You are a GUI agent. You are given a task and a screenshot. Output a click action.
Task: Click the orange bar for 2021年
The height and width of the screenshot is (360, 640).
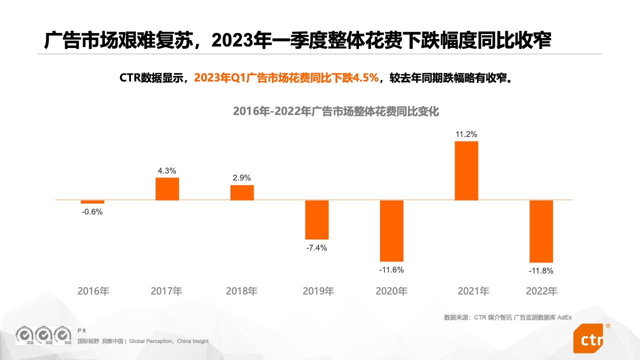click(466, 170)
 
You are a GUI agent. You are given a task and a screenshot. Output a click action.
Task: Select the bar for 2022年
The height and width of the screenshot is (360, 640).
click(541, 231)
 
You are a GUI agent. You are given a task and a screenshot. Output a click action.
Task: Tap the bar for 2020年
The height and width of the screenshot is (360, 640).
click(391, 230)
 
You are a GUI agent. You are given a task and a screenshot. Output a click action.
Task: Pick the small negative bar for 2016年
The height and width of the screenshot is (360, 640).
click(92, 202)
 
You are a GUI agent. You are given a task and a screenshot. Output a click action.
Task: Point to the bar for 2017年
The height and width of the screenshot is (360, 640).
click(167, 189)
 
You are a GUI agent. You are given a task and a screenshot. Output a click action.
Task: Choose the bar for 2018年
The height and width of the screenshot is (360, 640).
click(242, 192)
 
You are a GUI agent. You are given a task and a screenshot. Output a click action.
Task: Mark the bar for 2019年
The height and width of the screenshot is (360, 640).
click(317, 219)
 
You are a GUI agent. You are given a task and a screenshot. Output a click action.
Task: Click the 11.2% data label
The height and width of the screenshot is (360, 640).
click(466, 134)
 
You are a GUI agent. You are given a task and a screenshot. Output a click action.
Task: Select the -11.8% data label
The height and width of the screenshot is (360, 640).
click(541, 271)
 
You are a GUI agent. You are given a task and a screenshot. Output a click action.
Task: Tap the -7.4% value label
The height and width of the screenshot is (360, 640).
click(316, 248)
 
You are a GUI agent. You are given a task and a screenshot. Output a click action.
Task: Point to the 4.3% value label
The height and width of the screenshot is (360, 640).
click(167, 171)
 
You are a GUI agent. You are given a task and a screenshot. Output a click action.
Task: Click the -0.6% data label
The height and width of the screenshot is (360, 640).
click(92, 212)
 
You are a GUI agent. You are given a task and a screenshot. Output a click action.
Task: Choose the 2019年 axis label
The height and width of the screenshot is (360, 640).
click(318, 291)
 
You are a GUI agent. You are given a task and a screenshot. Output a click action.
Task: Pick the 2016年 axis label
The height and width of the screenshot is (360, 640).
click(93, 291)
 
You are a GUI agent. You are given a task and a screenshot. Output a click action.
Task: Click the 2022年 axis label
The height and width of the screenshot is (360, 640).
click(541, 291)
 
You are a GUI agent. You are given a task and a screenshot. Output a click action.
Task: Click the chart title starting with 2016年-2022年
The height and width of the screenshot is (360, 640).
click(336, 111)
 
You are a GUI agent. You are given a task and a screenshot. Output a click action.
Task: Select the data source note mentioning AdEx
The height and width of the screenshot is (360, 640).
click(507, 317)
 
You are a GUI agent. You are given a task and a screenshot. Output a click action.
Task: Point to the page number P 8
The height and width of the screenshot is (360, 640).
click(82, 330)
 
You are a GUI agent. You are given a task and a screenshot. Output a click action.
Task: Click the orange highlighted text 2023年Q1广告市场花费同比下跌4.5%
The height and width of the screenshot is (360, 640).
click(286, 78)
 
